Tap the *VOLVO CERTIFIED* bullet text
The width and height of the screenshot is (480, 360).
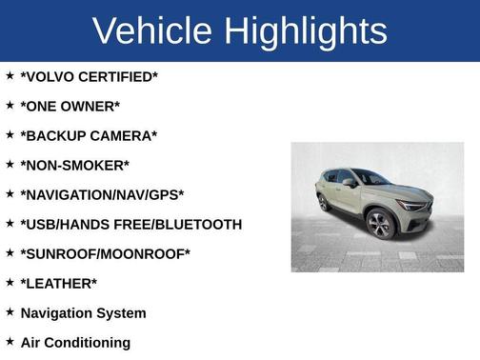coord(89,76)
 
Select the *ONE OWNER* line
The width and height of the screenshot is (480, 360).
coord(70,106)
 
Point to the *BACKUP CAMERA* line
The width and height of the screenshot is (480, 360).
coord(89,135)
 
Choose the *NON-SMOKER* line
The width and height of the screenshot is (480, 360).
coord(74,165)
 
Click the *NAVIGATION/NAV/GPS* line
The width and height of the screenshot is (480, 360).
coord(102,194)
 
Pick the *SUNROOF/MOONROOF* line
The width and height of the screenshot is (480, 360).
coord(105,253)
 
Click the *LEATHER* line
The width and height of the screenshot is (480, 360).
coord(58,283)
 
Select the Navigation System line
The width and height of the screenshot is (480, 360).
coord(83,312)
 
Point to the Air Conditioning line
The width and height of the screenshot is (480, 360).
coord(75,342)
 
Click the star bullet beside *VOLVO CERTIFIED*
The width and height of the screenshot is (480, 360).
coord(10,75)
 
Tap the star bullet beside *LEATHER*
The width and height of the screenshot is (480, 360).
coord(10,282)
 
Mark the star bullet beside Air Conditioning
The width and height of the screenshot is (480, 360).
coord(10,341)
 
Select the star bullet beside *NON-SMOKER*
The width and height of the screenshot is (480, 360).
coord(10,164)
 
